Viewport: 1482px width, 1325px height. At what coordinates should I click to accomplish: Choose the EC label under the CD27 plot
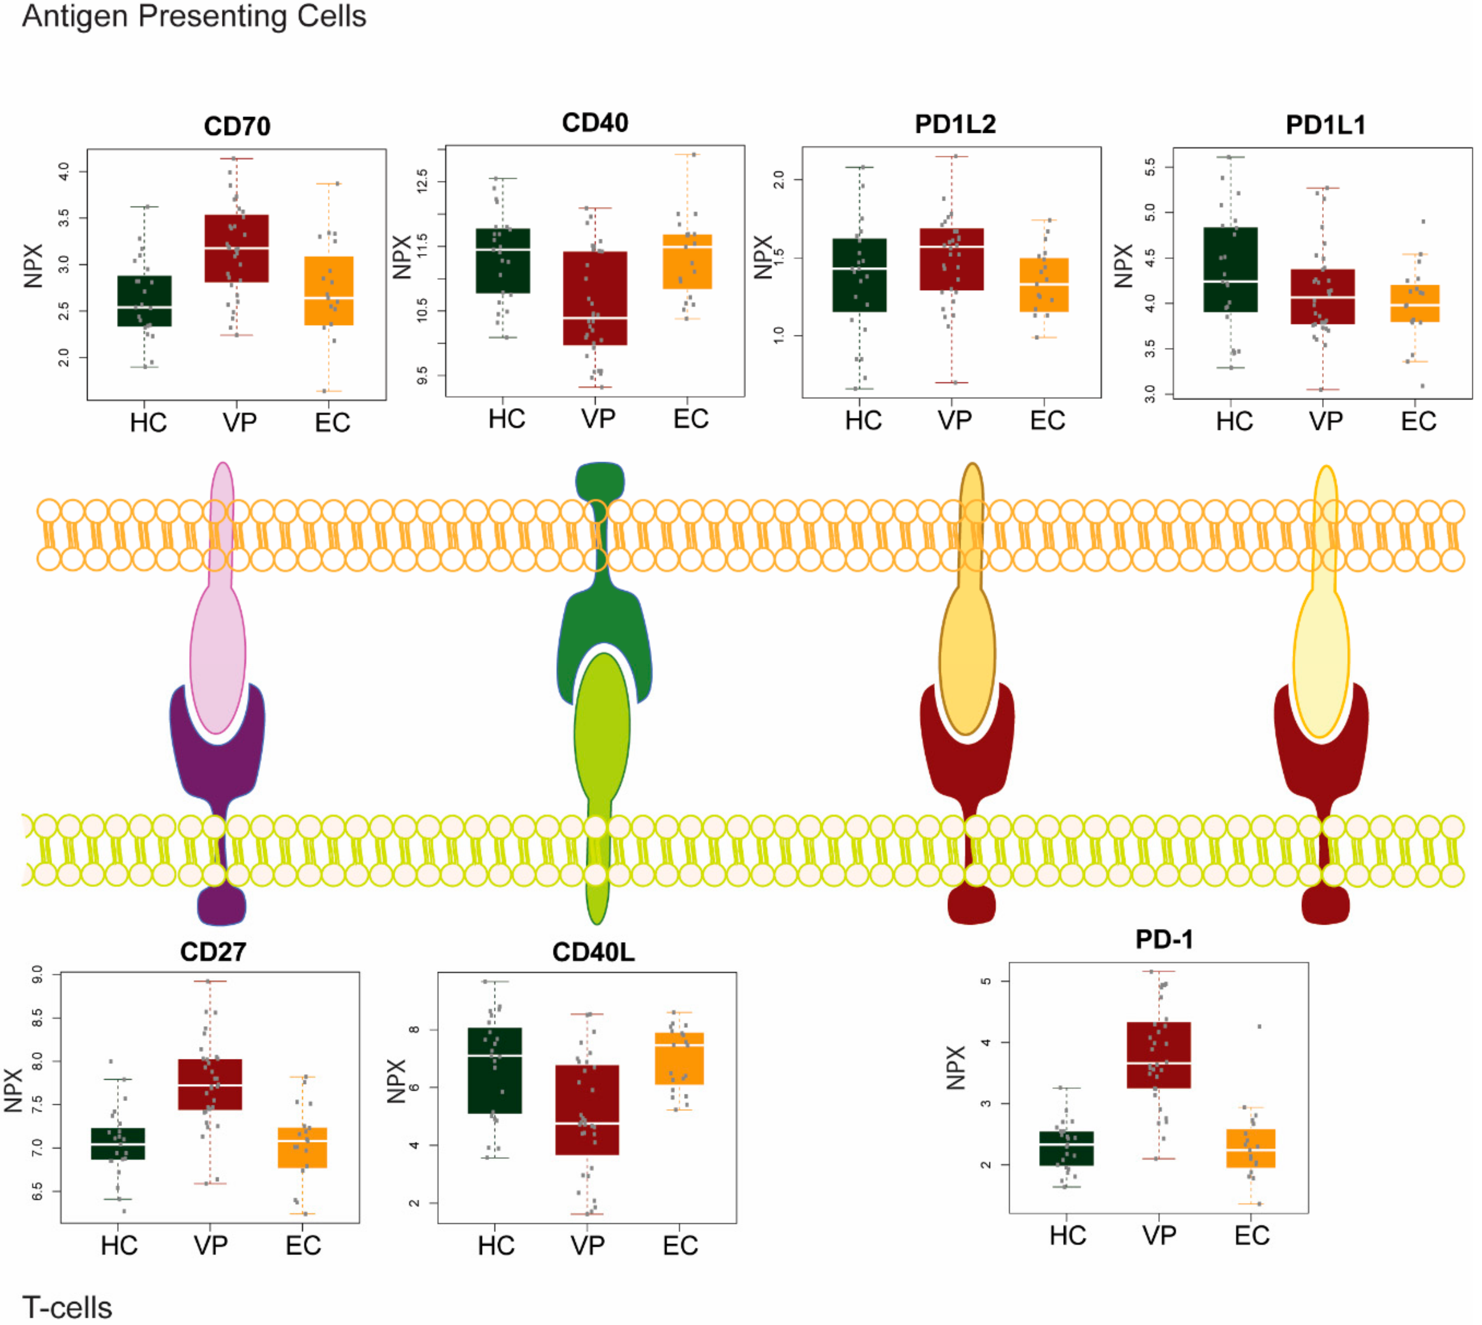click(x=303, y=1246)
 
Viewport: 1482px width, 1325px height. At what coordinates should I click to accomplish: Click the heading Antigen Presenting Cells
click(x=194, y=16)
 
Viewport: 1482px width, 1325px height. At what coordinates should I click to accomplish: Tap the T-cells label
click(x=67, y=1307)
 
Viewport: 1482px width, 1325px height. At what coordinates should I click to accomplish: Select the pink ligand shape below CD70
click(x=218, y=641)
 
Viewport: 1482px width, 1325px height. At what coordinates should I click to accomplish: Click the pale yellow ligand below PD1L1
click(x=1320, y=655)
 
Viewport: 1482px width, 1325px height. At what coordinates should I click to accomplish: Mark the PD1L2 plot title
click(x=955, y=124)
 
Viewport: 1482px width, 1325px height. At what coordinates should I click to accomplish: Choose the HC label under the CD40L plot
click(x=496, y=1246)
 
